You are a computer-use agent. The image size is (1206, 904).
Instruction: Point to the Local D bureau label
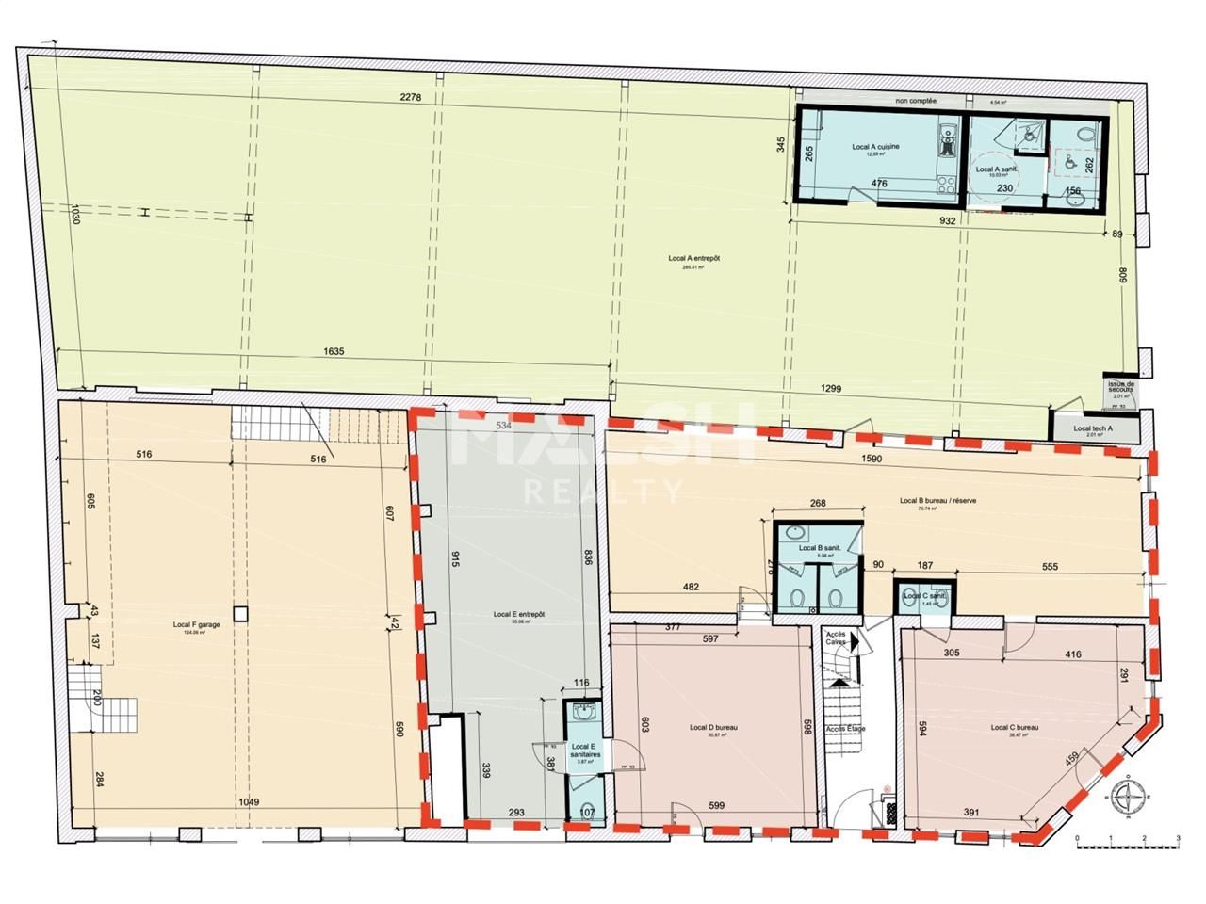pos(712,728)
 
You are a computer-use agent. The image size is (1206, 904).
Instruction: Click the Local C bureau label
pos(1014,728)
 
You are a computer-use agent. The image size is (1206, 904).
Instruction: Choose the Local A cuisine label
pos(875,147)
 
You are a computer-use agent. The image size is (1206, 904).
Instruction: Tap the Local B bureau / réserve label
pos(937,501)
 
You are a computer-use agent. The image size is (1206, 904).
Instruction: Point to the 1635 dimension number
pos(334,352)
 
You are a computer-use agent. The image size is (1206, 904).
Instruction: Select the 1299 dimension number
pos(830,388)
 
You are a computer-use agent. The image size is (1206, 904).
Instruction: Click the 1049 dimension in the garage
pos(248,801)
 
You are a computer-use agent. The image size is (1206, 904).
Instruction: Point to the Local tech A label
pos(1093,428)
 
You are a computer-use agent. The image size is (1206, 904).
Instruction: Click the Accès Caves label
pos(836,638)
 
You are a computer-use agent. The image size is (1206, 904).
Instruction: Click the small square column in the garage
pos(242,614)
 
